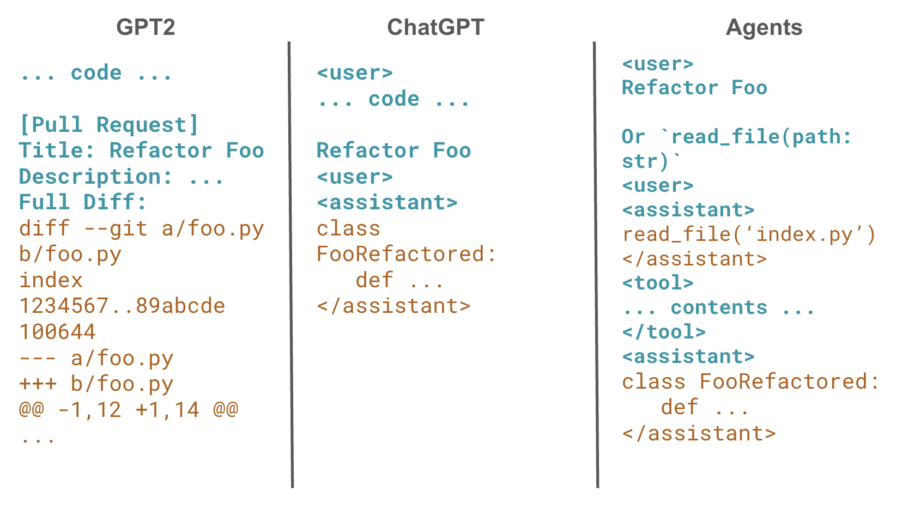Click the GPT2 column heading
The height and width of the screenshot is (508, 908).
[146, 27]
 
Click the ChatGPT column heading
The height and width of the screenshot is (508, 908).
[435, 27]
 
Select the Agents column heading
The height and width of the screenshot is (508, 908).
[764, 27]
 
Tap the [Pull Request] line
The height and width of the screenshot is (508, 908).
[109, 125]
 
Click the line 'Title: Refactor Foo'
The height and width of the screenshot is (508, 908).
[141, 150]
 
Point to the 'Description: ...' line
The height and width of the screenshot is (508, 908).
[121, 177]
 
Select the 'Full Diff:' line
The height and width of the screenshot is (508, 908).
[83, 202]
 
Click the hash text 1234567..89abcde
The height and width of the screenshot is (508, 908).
[122, 306]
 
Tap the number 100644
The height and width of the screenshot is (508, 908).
[57, 332]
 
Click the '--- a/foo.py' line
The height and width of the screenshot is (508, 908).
[96, 358]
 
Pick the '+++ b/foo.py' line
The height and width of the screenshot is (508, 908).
[96, 384]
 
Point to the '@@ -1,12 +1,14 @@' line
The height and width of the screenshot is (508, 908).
[129, 409]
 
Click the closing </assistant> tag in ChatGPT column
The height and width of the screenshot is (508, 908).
[393, 306]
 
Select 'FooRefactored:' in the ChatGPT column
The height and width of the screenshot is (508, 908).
[407, 254]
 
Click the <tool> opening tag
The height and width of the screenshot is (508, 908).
[657, 283]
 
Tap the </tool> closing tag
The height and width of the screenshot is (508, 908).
[663, 331]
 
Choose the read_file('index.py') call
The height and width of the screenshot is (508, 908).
[749, 234]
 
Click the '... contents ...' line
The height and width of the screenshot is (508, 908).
[718, 307]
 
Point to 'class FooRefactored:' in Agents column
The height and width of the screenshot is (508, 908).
[750, 382]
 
